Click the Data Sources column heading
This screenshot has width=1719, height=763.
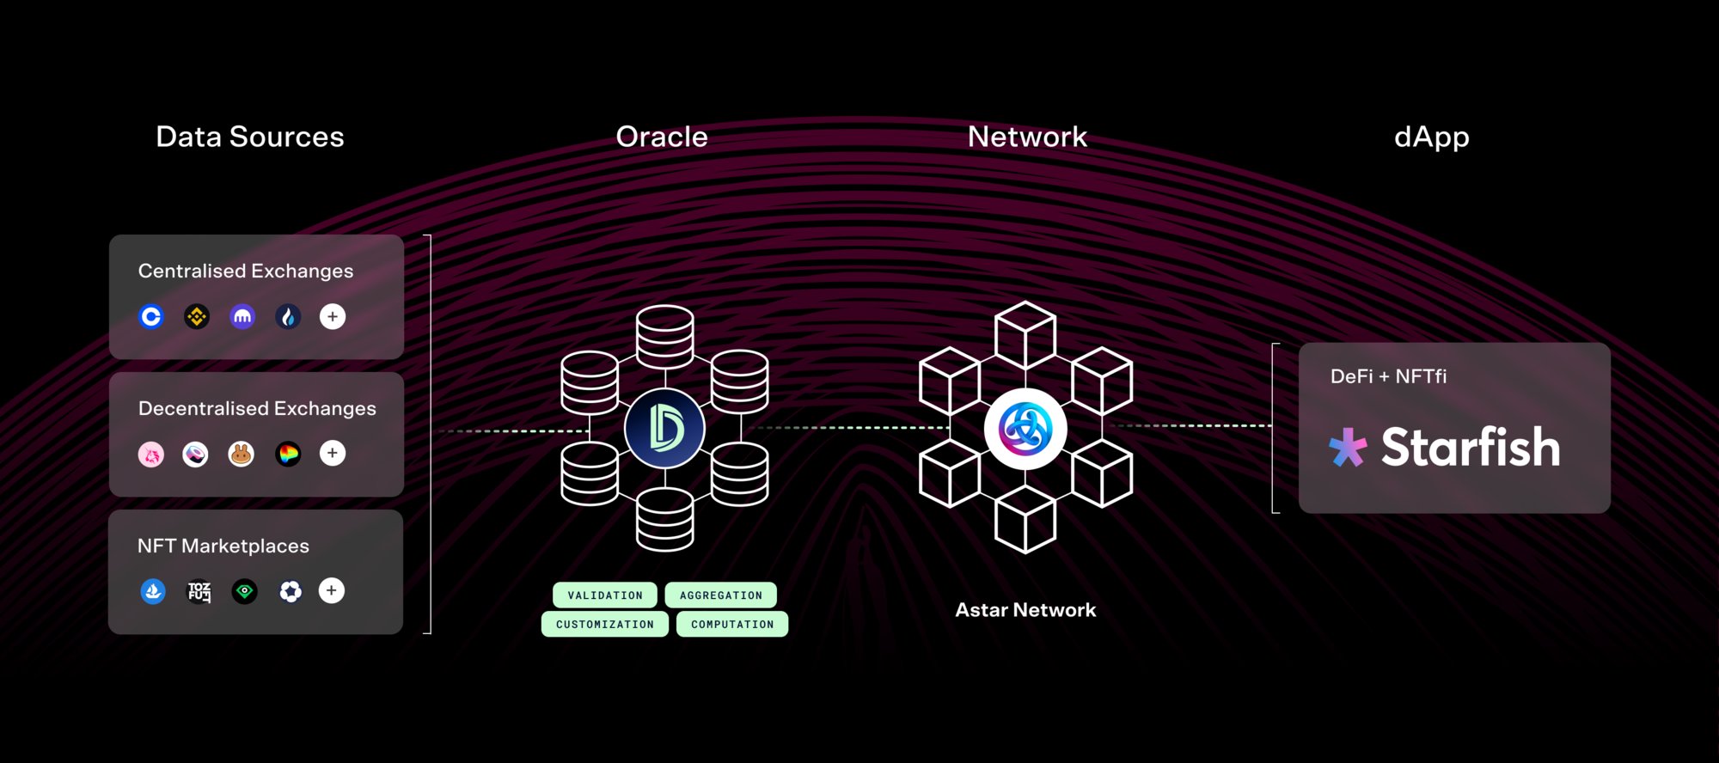[250, 137]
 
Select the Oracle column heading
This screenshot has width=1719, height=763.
[662, 137]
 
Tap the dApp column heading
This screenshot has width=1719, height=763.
[1431, 137]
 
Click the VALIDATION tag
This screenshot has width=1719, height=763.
[605, 595]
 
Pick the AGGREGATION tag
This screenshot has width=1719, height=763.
[720, 595]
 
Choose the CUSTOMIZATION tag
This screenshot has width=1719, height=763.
[605, 624]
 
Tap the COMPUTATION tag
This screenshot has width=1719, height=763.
[732, 624]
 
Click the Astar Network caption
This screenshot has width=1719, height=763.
[1025, 610]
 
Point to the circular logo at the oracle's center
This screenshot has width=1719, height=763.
[664, 429]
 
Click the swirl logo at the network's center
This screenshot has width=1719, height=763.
[1025, 429]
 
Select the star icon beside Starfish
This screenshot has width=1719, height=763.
[1348, 447]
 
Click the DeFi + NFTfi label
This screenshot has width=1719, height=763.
[1388, 376]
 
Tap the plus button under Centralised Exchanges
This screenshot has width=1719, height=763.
[333, 317]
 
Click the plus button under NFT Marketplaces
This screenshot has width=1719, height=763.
[332, 590]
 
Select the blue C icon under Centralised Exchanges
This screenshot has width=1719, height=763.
[151, 317]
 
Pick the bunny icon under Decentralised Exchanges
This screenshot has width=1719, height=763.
[242, 454]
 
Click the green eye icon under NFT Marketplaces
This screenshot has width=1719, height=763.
[245, 591]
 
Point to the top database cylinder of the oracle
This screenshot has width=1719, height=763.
[664, 336]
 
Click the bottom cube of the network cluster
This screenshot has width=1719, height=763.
[1025, 520]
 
